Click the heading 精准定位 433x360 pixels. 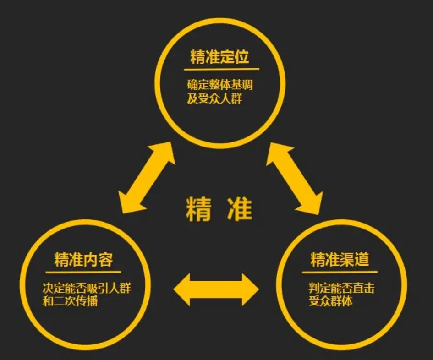pos(219,57)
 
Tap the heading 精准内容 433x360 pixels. pos(84,260)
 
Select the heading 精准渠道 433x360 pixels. pos(340,259)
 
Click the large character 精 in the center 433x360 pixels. pos(198,209)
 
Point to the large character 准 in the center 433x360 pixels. pos(240,209)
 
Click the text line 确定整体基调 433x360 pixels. pos(220,85)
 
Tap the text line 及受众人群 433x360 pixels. pos(214,98)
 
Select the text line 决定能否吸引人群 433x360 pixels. pos(87,288)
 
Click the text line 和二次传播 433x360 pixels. pos(70,301)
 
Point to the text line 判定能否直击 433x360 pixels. pos(342,288)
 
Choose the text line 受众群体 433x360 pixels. pos(330,301)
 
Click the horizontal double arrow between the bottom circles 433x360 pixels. pos(216,289)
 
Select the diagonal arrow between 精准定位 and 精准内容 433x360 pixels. pos(147,178)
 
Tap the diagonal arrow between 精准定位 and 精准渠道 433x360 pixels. pos(294,179)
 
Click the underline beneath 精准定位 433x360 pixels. pos(221,69)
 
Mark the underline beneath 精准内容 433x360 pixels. pos(83,272)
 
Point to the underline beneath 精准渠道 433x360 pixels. pos(340,272)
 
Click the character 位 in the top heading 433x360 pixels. pos(241,57)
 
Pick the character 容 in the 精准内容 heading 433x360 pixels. pos(106,260)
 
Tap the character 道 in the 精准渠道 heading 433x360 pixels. pos(362,259)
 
